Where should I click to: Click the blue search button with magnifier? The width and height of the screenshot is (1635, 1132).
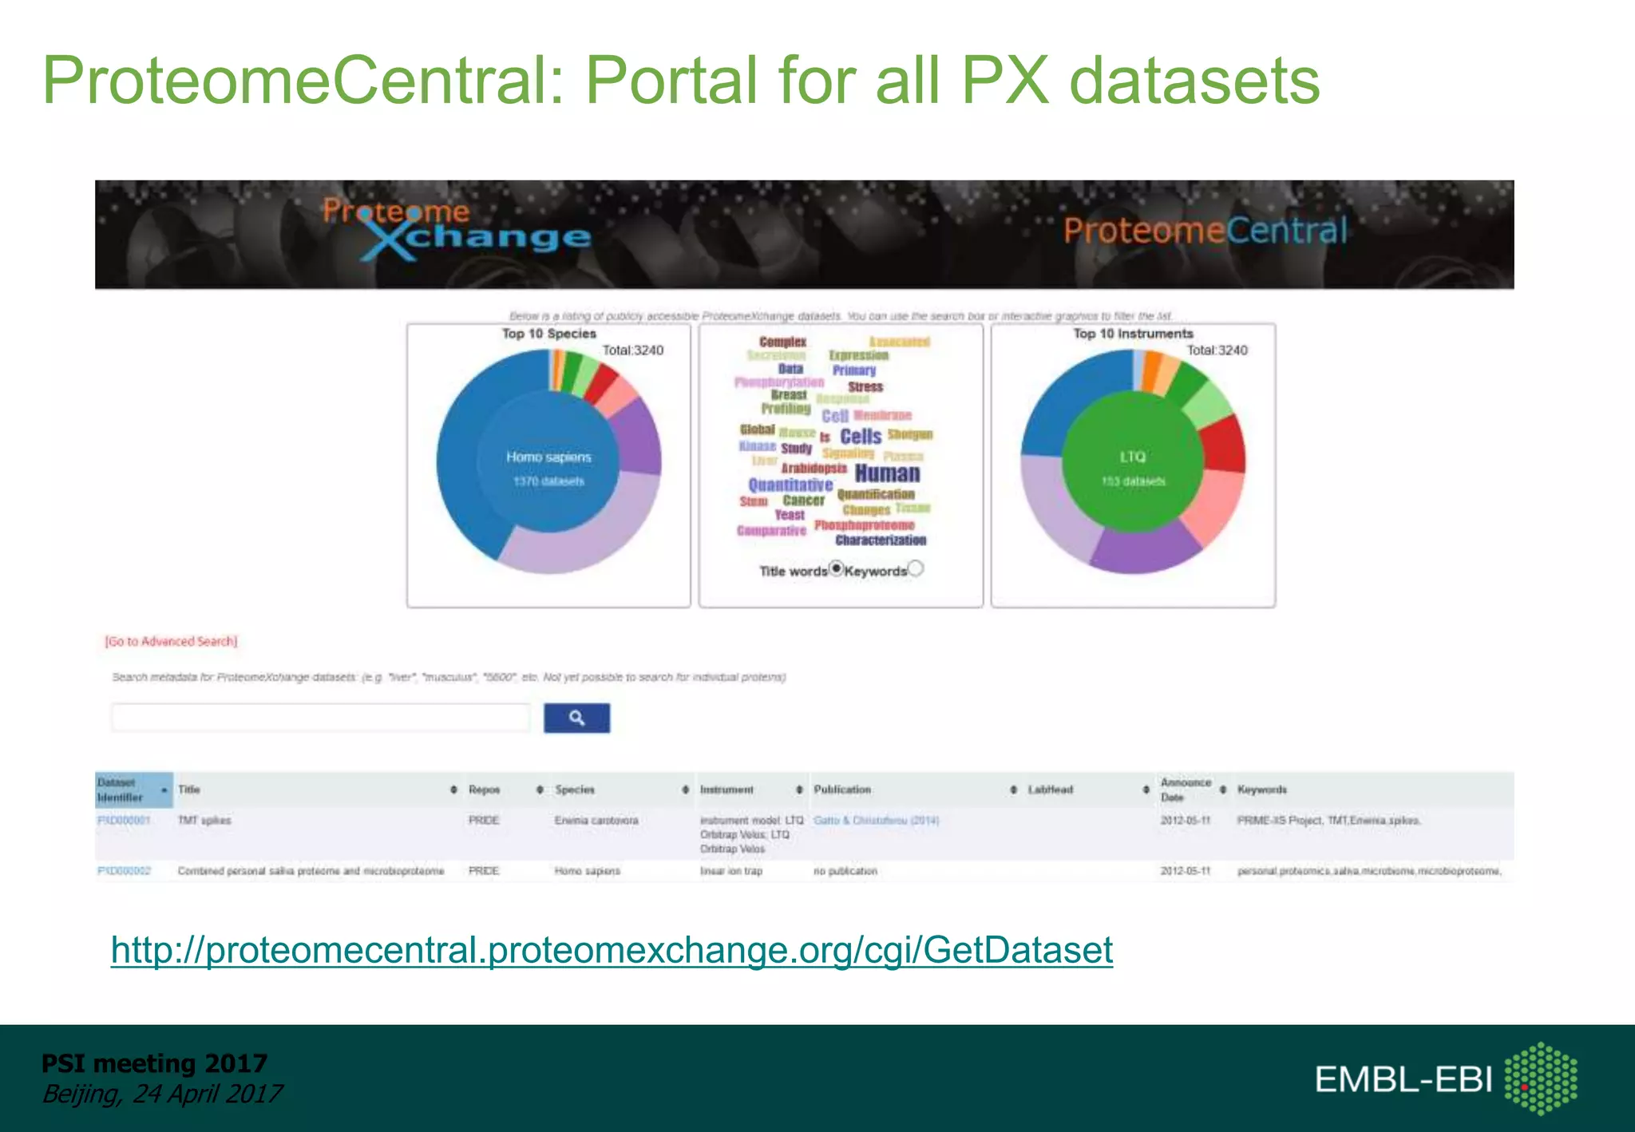(576, 718)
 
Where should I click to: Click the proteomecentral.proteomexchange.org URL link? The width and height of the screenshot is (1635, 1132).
(612, 950)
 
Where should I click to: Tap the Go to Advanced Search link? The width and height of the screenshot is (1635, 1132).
(171, 641)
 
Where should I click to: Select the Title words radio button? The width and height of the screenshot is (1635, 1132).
(836, 568)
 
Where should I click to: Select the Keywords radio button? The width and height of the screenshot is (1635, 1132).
(916, 568)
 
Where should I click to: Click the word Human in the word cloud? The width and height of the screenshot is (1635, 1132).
(887, 473)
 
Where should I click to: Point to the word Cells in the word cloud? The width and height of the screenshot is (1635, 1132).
(861, 436)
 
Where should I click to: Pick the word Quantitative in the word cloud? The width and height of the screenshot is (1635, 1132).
(790, 485)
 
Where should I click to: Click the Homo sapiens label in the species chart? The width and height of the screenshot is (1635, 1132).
(548, 457)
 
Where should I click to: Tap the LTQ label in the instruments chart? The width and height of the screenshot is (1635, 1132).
(1133, 457)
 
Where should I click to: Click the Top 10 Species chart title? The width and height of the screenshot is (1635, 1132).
(548, 334)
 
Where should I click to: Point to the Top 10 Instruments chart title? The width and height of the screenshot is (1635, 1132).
(1133, 334)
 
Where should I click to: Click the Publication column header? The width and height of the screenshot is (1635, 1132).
(842, 790)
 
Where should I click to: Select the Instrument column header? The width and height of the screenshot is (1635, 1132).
(726, 790)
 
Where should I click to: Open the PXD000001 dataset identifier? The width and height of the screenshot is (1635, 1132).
(124, 820)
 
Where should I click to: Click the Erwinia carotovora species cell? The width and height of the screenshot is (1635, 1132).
(596, 820)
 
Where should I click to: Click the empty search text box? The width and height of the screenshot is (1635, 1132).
(320, 718)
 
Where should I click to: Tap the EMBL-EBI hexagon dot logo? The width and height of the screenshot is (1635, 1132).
(1541, 1078)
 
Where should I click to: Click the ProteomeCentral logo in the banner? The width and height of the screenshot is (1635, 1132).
(1205, 231)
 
